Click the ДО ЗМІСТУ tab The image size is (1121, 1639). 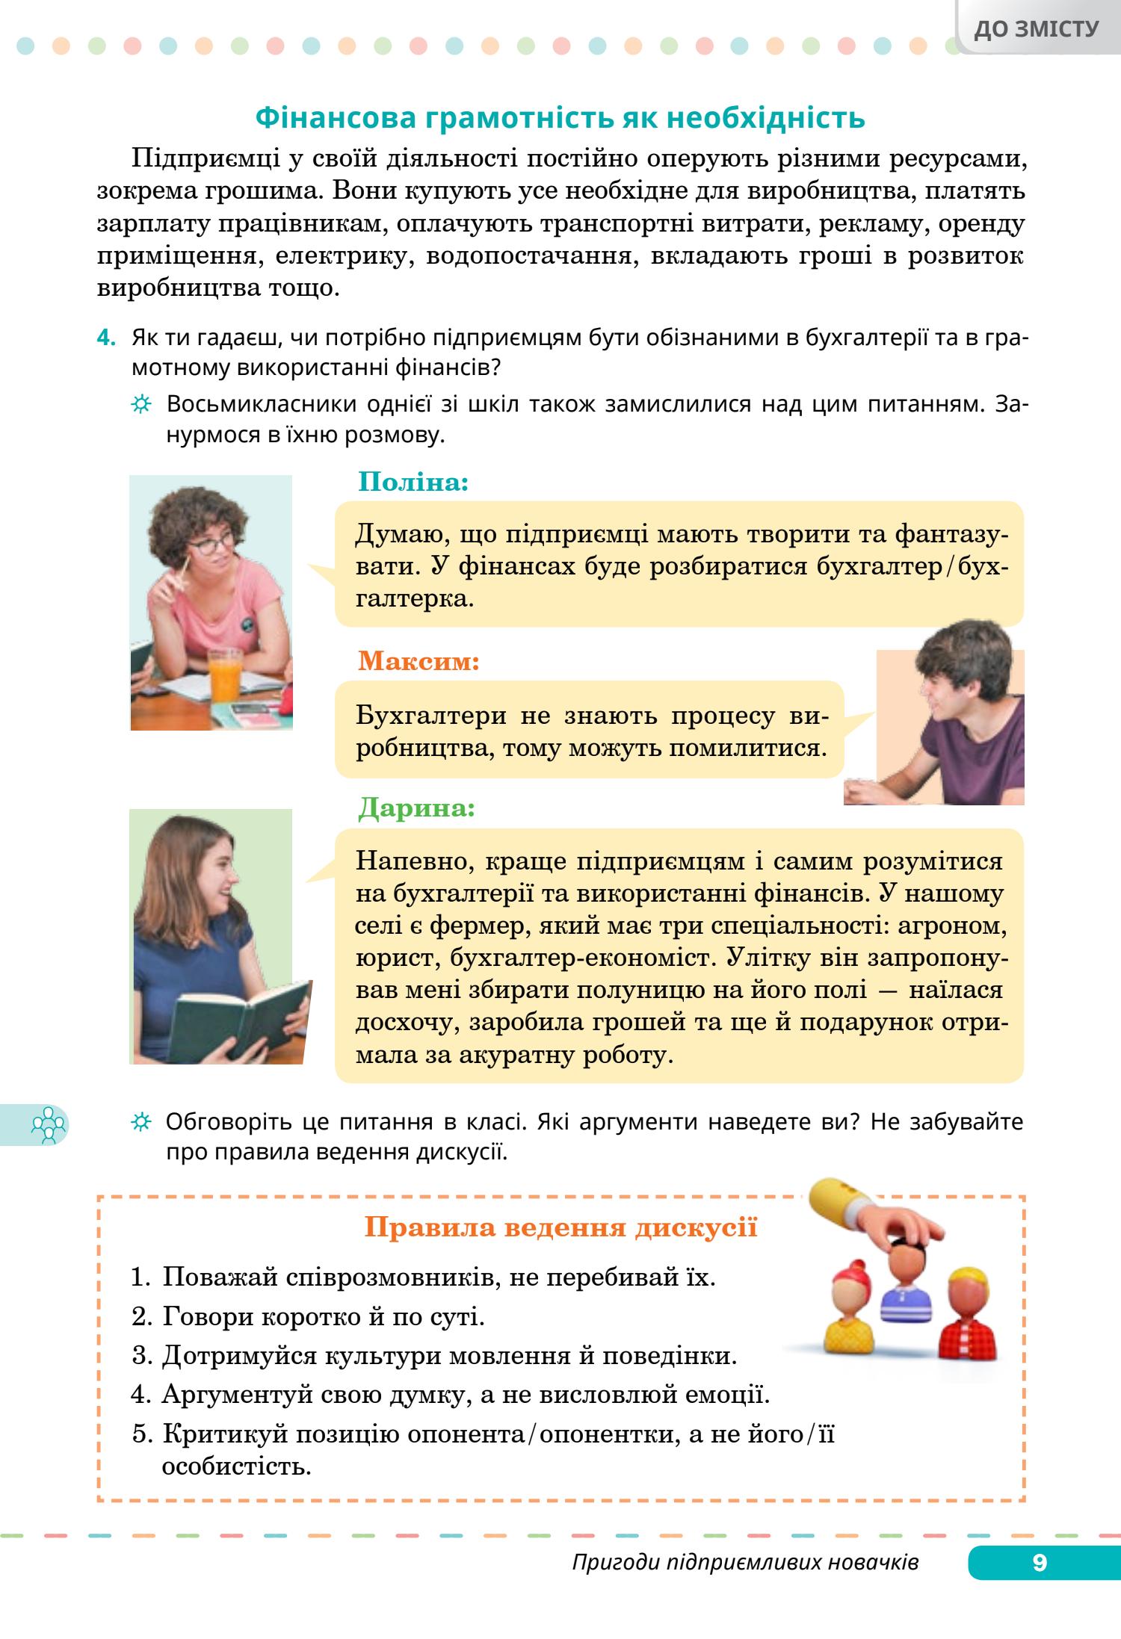click(1037, 29)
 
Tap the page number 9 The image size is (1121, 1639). click(1040, 1562)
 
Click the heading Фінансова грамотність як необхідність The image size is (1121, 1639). click(560, 118)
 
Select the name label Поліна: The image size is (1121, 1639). click(413, 482)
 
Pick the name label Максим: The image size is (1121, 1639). click(419, 661)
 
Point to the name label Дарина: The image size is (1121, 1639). click(416, 808)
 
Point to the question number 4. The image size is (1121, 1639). click(106, 338)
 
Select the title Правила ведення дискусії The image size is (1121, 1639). click(560, 1228)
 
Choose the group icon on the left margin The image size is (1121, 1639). click(48, 1125)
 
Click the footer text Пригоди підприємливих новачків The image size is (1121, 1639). click(745, 1562)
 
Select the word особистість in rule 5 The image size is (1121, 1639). click(235, 1465)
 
